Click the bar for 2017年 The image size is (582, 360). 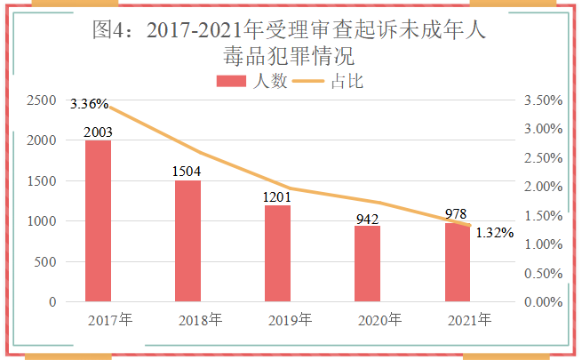(x=99, y=221)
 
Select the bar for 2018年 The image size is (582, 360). (x=188, y=241)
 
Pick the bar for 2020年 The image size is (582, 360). (x=368, y=264)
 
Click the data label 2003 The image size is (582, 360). (x=99, y=132)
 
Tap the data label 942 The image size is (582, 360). (x=368, y=218)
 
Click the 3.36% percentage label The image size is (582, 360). (x=90, y=104)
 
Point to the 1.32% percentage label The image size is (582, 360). (x=494, y=233)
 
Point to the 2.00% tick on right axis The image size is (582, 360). (x=545, y=187)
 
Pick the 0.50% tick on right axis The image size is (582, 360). (x=545, y=273)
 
